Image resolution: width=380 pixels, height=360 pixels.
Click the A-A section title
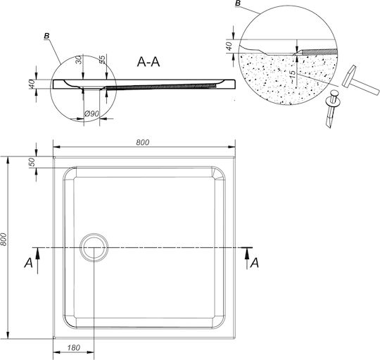148,62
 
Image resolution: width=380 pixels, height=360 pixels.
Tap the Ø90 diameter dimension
91,113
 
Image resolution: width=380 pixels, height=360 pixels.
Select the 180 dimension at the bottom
73,348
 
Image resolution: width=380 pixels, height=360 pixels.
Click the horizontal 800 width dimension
142,142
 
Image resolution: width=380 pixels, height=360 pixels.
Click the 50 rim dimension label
32,162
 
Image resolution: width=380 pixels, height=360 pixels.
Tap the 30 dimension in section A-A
78,60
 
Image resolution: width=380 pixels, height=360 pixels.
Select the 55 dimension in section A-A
102,60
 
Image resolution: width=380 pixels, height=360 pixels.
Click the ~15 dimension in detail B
292,77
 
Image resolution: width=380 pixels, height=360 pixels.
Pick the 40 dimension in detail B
229,46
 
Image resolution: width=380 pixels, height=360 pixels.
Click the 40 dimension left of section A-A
32,84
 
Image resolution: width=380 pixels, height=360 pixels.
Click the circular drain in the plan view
94,247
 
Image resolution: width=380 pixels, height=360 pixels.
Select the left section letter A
28,263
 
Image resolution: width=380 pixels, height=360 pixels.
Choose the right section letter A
255,263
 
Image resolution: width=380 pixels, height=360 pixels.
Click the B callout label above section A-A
46,36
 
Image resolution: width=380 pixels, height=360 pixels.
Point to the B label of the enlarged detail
238,4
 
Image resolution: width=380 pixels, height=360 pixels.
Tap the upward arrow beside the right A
247,259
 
